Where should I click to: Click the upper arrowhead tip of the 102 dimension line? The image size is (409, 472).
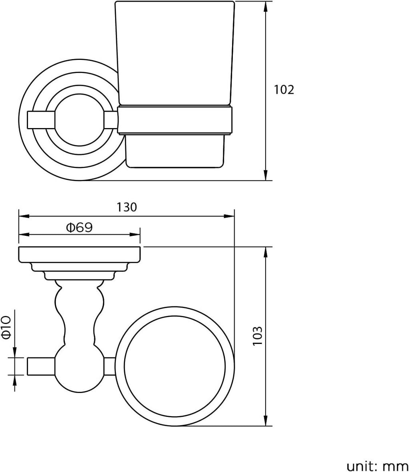point(265,2)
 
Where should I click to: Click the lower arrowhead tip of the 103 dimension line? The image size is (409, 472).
point(266,426)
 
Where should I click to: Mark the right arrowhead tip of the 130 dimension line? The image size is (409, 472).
point(234,216)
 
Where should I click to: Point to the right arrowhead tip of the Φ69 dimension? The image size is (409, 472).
point(140,235)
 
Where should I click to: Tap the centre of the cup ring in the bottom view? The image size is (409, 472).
point(175,367)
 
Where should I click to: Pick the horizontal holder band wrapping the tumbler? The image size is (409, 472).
point(175,120)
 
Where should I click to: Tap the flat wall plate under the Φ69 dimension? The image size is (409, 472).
point(79,255)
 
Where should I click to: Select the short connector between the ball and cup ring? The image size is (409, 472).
point(110,367)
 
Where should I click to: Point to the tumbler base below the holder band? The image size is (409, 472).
point(175,150)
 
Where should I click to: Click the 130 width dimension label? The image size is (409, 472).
point(127,207)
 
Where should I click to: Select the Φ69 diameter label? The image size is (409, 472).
point(79,227)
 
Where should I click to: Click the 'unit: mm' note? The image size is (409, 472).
point(378,466)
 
